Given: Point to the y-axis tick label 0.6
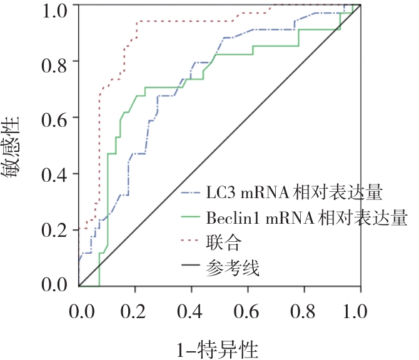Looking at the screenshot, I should (x=54, y=118).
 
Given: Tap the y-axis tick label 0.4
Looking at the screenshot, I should (x=54, y=174).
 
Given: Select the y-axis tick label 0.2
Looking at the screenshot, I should (x=54, y=230).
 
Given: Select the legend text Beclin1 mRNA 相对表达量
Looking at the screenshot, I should (x=306, y=217).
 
